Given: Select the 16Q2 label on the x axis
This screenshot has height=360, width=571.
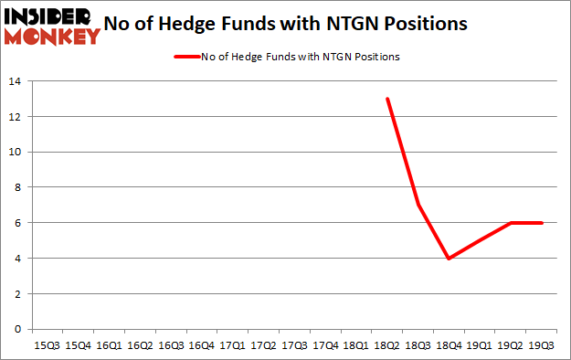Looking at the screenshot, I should tap(140, 345).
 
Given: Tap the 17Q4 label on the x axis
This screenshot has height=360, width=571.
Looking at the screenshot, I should tap(326, 345).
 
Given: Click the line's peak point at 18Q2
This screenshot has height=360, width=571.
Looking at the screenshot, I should tap(388, 99).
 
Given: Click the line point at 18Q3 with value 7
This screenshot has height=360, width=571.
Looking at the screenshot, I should tap(419, 205).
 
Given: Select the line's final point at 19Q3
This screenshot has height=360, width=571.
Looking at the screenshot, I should tap(543, 223).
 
